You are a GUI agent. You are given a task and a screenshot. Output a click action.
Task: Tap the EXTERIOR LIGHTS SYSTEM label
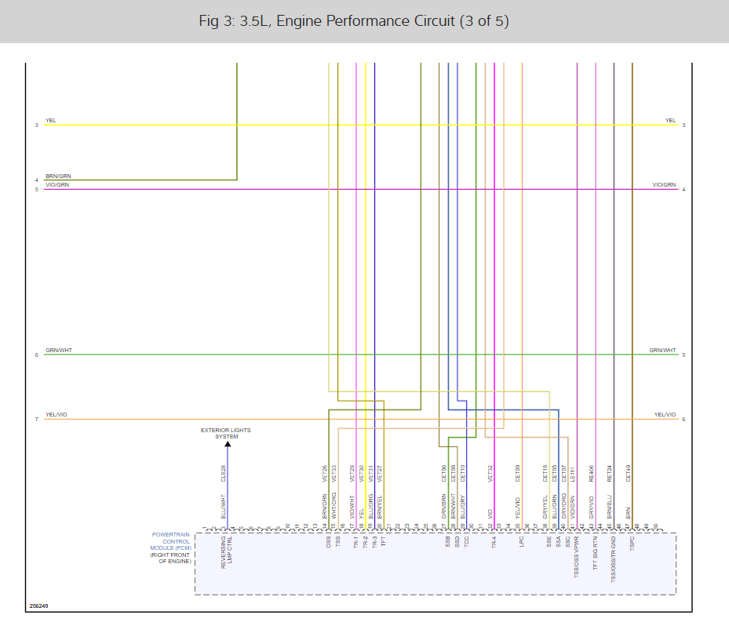(x=226, y=433)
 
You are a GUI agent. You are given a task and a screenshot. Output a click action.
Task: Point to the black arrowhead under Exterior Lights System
(x=228, y=445)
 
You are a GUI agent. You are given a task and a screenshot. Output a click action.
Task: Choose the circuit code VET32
(x=490, y=472)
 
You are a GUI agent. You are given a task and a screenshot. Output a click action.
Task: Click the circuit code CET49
(x=629, y=472)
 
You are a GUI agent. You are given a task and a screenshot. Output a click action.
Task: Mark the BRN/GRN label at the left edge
(x=58, y=176)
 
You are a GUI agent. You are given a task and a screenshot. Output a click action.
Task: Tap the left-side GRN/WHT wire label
(x=59, y=351)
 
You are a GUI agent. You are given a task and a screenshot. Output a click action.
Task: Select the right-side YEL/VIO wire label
(x=665, y=414)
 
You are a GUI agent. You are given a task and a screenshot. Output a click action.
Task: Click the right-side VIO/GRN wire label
(x=664, y=185)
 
